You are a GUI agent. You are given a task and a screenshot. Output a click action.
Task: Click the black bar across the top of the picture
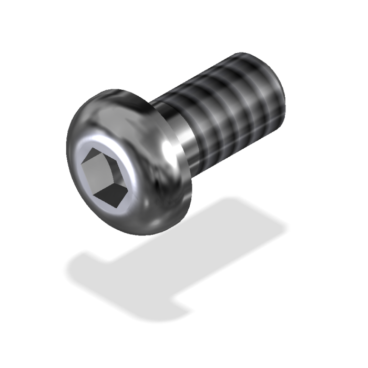tap(184, 18)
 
